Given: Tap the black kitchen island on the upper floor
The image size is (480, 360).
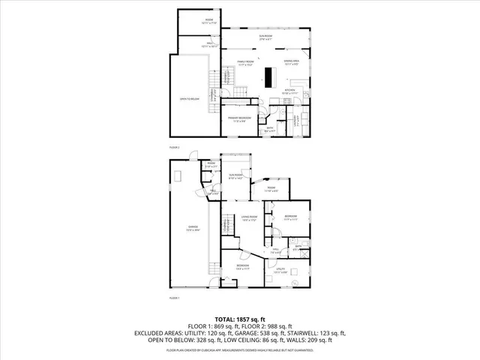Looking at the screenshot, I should (268, 77).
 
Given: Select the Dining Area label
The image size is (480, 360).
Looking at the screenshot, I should (292, 61).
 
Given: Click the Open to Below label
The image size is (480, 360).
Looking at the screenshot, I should (189, 99).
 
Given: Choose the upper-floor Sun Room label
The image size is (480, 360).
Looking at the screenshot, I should (266, 36).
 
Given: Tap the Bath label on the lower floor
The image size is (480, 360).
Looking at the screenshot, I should (298, 247).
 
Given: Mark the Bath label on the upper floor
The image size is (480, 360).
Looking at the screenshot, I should (271, 128).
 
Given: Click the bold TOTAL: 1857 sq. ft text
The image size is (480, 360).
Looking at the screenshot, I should (239, 319).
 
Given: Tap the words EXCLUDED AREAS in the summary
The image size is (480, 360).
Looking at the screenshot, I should (160, 334).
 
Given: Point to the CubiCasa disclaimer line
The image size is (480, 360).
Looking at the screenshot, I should (239, 349).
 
